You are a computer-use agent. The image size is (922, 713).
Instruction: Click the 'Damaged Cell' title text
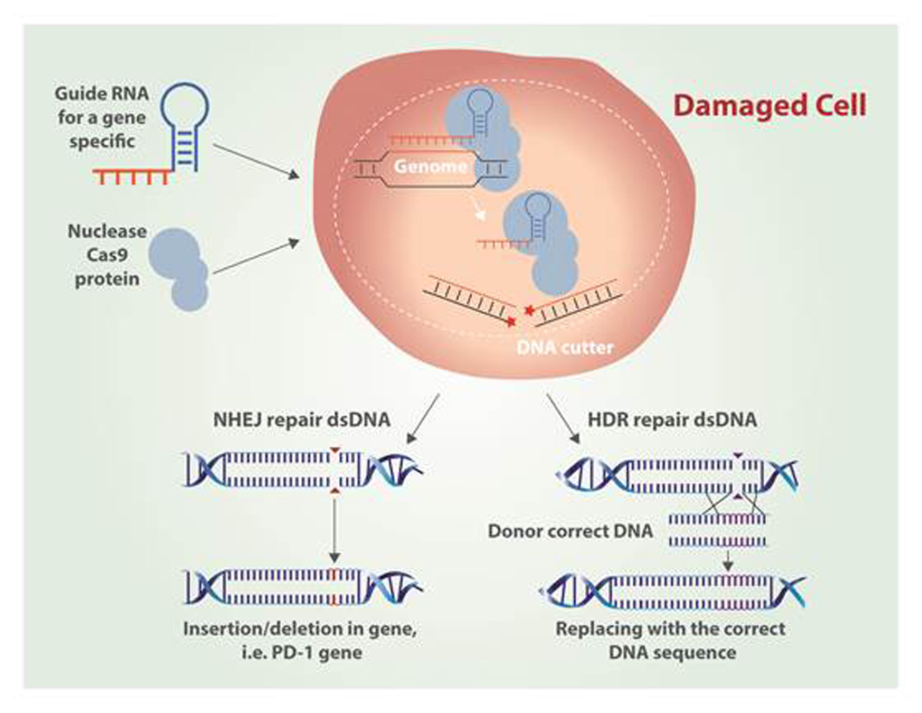pyautogui.click(x=769, y=106)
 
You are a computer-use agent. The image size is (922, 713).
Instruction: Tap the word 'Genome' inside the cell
pyautogui.click(x=430, y=166)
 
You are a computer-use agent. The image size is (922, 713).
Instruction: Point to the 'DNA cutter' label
pyautogui.click(x=565, y=348)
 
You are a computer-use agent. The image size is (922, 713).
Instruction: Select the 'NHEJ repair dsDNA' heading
pyautogui.click(x=301, y=420)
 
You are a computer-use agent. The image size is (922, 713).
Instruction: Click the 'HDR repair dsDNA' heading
pyautogui.click(x=672, y=420)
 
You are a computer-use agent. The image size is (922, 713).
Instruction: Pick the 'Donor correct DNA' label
pyautogui.click(x=570, y=531)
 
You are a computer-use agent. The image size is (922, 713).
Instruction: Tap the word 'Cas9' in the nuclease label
pyautogui.click(x=107, y=255)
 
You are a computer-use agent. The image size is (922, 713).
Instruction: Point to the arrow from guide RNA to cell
pyautogui.click(x=256, y=161)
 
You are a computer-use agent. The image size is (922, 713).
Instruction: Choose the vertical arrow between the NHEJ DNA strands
pyautogui.click(x=334, y=528)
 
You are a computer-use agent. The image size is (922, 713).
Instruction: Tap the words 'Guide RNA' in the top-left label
pyautogui.click(x=101, y=94)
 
